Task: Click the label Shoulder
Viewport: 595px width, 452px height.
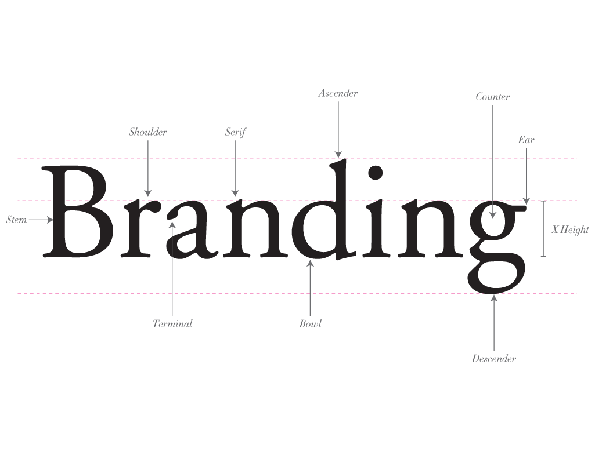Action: (147, 132)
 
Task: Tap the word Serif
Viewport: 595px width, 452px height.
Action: (236, 132)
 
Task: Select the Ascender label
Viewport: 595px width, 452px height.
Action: (338, 93)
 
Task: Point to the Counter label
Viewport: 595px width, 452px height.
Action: (493, 97)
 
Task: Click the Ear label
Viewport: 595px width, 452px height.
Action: (526, 140)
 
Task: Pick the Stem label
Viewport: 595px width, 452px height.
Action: (16, 220)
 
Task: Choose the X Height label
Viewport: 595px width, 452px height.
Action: (570, 229)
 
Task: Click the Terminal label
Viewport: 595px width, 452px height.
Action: (172, 323)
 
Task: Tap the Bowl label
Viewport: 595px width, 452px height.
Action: (310, 323)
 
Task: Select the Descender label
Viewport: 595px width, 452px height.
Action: (493, 359)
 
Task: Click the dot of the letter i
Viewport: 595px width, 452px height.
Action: (376, 172)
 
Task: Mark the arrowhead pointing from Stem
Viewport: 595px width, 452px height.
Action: (50, 220)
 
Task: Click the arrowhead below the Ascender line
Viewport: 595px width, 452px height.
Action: (338, 155)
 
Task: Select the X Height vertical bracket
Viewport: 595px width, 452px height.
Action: (543, 229)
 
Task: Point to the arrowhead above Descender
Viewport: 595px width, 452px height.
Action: (493, 298)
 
